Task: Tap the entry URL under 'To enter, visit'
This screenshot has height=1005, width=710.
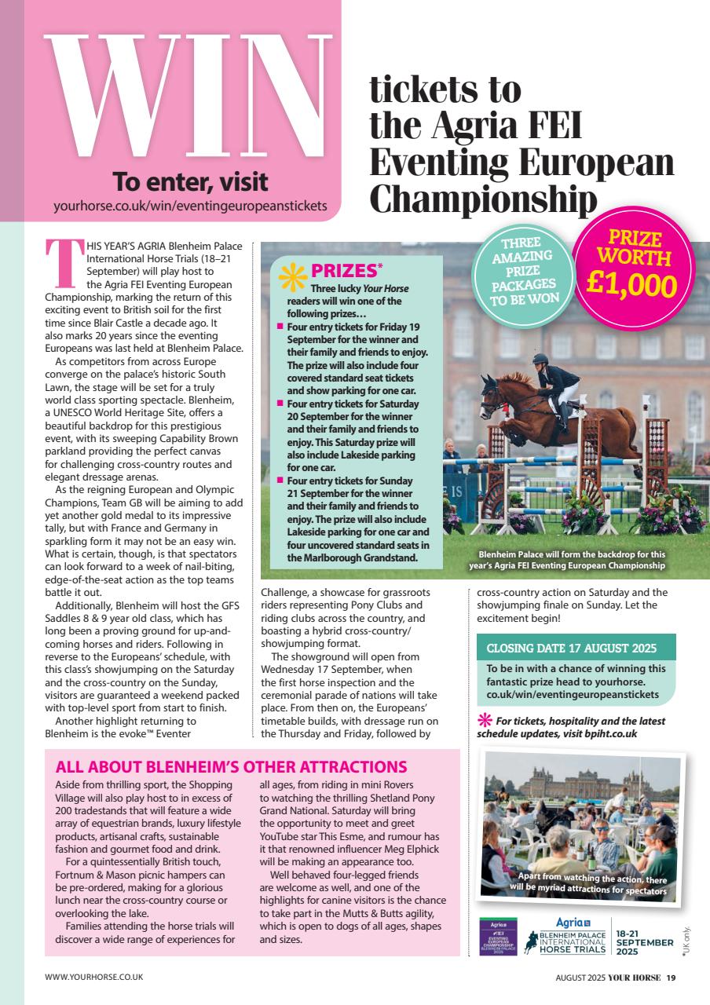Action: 189,206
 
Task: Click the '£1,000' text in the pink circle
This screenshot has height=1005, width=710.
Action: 633,284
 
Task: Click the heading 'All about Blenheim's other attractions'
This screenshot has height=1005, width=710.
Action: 232,767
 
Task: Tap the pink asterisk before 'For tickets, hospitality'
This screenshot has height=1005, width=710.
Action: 485,721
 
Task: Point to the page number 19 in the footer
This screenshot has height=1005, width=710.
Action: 671,978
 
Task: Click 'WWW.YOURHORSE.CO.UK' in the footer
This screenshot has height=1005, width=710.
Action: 93,978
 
